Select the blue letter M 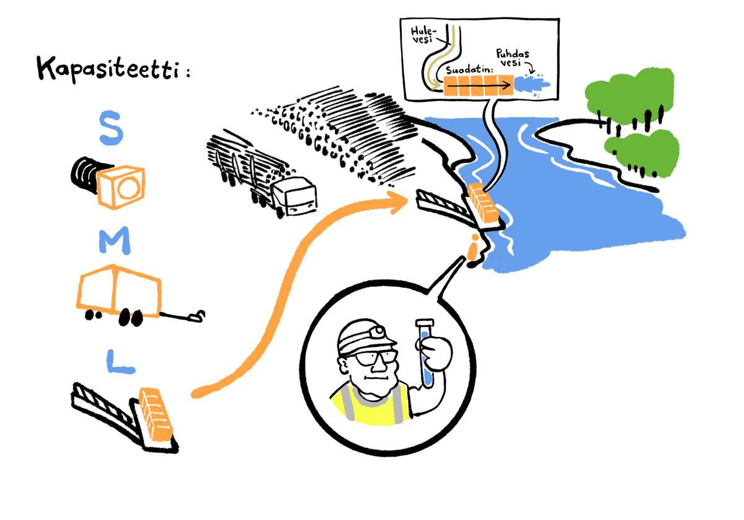113,241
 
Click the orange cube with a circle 122,186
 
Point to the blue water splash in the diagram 533,84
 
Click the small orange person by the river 474,248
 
